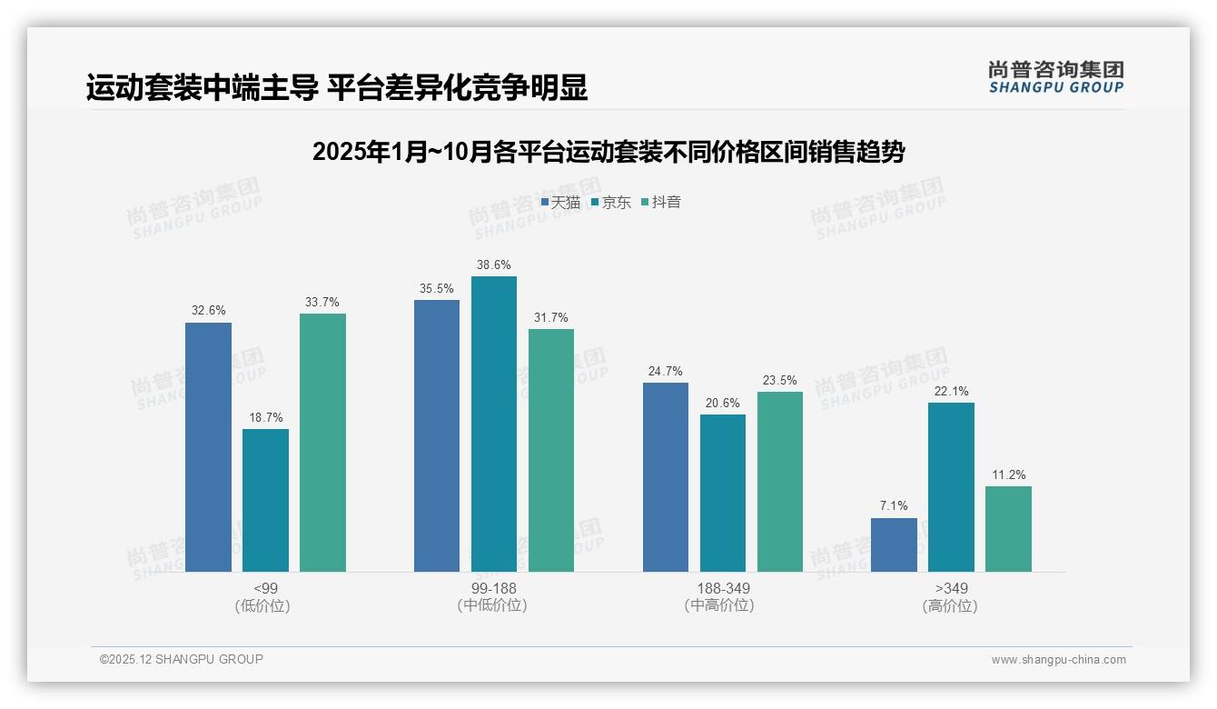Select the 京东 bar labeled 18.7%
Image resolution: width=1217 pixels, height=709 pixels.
tap(265, 500)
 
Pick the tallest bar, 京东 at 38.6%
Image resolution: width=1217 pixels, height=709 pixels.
tap(494, 424)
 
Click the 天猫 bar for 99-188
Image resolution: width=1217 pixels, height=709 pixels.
tap(437, 435)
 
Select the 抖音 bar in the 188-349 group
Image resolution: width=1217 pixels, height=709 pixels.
tap(780, 482)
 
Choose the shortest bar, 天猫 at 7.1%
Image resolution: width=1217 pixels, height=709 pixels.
tap(894, 544)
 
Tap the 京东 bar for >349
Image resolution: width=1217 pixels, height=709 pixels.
tap(951, 487)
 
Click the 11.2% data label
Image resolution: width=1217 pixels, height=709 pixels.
tap(1008, 474)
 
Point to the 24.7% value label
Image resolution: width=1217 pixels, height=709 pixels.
tap(666, 371)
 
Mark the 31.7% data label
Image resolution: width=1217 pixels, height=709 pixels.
tap(551, 317)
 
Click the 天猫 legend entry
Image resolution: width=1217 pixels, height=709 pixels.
tap(560, 203)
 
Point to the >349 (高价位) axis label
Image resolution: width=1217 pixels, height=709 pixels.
tap(951, 597)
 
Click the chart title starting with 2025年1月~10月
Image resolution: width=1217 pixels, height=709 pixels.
tap(608, 153)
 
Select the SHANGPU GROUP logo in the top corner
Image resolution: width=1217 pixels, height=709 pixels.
tap(1055, 77)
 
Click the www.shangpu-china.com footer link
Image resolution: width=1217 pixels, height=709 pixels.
tap(1058, 660)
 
